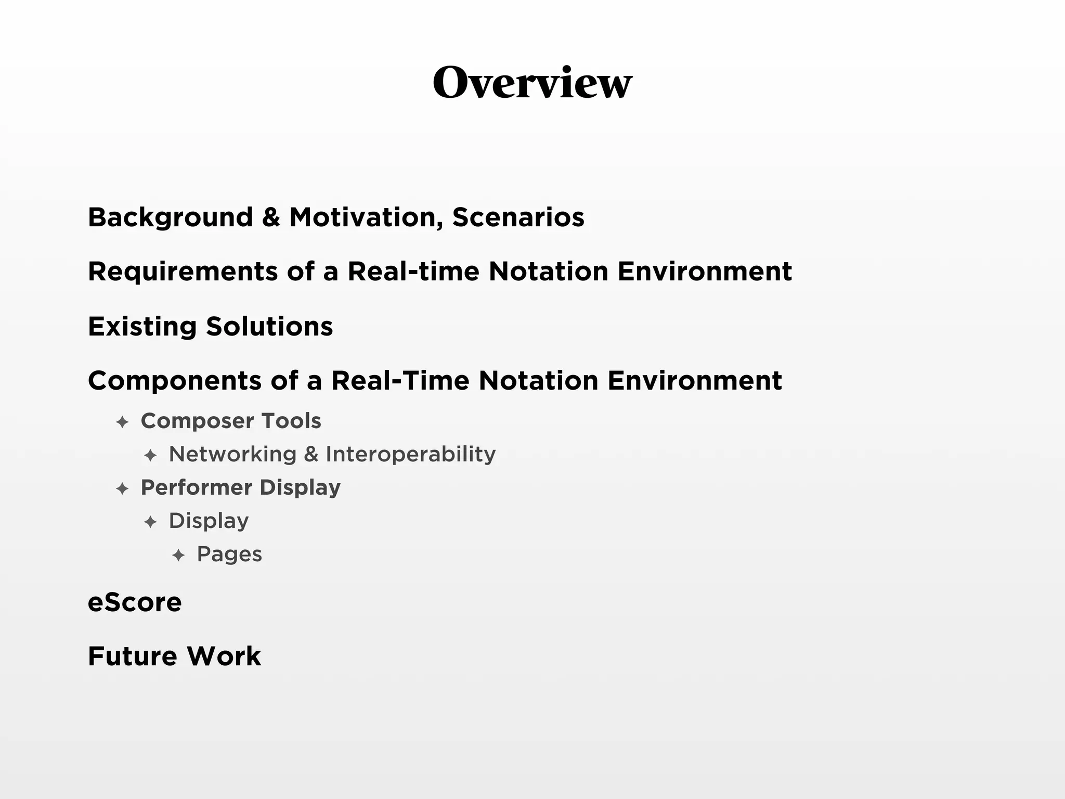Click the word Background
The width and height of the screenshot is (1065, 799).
click(171, 217)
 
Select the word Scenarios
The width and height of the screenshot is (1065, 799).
click(518, 217)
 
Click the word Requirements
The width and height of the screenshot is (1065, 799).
click(183, 272)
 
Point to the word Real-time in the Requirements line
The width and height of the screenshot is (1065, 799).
click(413, 272)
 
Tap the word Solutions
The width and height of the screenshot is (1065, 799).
click(269, 327)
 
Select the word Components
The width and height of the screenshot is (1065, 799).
click(175, 381)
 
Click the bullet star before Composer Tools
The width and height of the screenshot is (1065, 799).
click(122, 422)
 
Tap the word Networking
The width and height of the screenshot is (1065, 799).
click(232, 454)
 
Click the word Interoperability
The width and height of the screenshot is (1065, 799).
click(410, 454)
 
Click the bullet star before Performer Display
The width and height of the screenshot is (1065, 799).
click(122, 488)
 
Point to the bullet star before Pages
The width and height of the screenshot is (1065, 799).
click(178, 555)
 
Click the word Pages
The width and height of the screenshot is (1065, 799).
click(229, 555)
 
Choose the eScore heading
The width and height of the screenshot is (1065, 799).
click(135, 602)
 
